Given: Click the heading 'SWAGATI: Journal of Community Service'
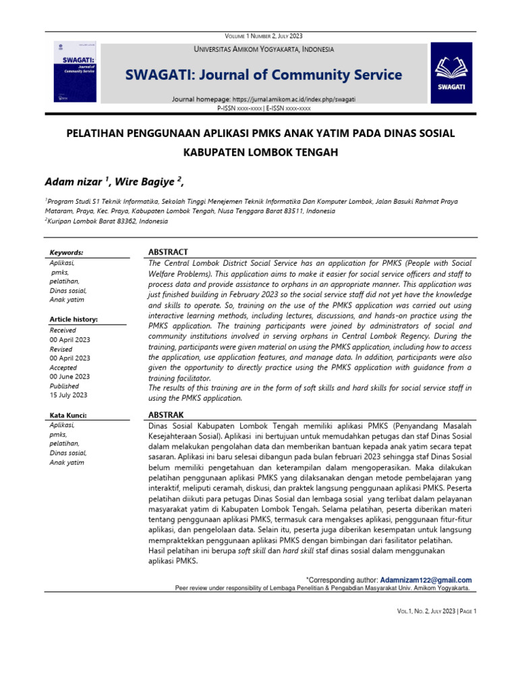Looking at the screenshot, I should (263, 75).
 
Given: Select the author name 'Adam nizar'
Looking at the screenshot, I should (74, 182).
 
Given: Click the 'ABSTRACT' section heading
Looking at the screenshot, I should (168, 252).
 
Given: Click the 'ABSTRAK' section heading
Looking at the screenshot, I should (166, 414).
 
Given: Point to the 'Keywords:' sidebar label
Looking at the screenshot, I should (67, 252).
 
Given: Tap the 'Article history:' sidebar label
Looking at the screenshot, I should (74, 319).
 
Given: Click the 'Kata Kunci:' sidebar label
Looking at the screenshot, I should (69, 414).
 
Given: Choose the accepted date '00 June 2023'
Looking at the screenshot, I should (70, 377).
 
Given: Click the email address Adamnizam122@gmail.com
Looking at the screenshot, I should (426, 580).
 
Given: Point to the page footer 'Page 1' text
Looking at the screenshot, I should (465, 611).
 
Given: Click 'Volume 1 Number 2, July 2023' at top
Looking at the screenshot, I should (264, 36).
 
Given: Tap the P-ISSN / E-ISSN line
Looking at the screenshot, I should (264, 107).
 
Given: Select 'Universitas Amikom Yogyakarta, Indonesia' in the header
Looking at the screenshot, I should (264, 49).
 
